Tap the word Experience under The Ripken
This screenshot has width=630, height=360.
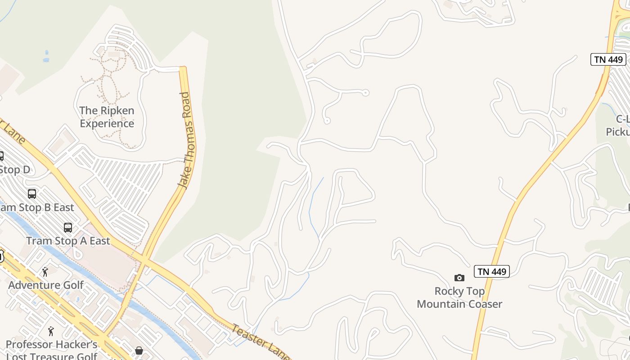tap(107, 123)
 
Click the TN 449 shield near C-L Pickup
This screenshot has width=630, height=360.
tap(608, 59)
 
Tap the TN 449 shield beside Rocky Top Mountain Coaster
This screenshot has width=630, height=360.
tap(491, 271)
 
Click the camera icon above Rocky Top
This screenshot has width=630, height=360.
tap(459, 278)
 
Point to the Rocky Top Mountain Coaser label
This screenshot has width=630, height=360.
tap(459, 297)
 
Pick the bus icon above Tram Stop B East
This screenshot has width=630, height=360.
tap(32, 194)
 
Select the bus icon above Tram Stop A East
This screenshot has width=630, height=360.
tap(68, 228)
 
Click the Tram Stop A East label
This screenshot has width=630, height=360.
tap(68, 241)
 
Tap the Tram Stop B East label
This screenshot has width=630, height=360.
tap(36, 207)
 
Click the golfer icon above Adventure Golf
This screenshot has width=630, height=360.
tap(45, 272)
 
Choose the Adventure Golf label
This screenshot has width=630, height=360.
tap(46, 285)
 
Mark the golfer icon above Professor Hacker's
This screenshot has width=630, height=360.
tap(51, 332)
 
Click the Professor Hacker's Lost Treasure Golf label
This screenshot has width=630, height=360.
tap(51, 351)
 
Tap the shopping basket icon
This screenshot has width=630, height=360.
tap(139, 350)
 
